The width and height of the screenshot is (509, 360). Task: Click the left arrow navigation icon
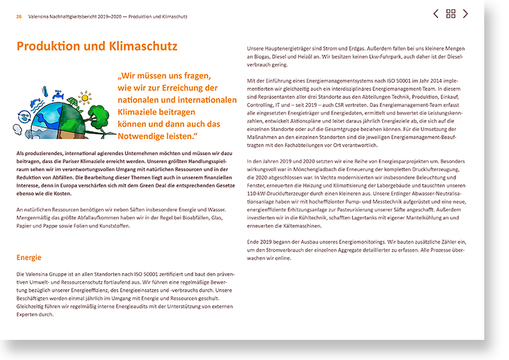436,13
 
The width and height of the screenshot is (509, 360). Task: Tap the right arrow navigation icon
466,13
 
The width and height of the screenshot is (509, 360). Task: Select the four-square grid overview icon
451,13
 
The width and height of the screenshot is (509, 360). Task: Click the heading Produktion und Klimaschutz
97,46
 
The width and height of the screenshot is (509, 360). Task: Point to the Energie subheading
29,258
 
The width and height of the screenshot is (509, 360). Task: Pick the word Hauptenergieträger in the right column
290,49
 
